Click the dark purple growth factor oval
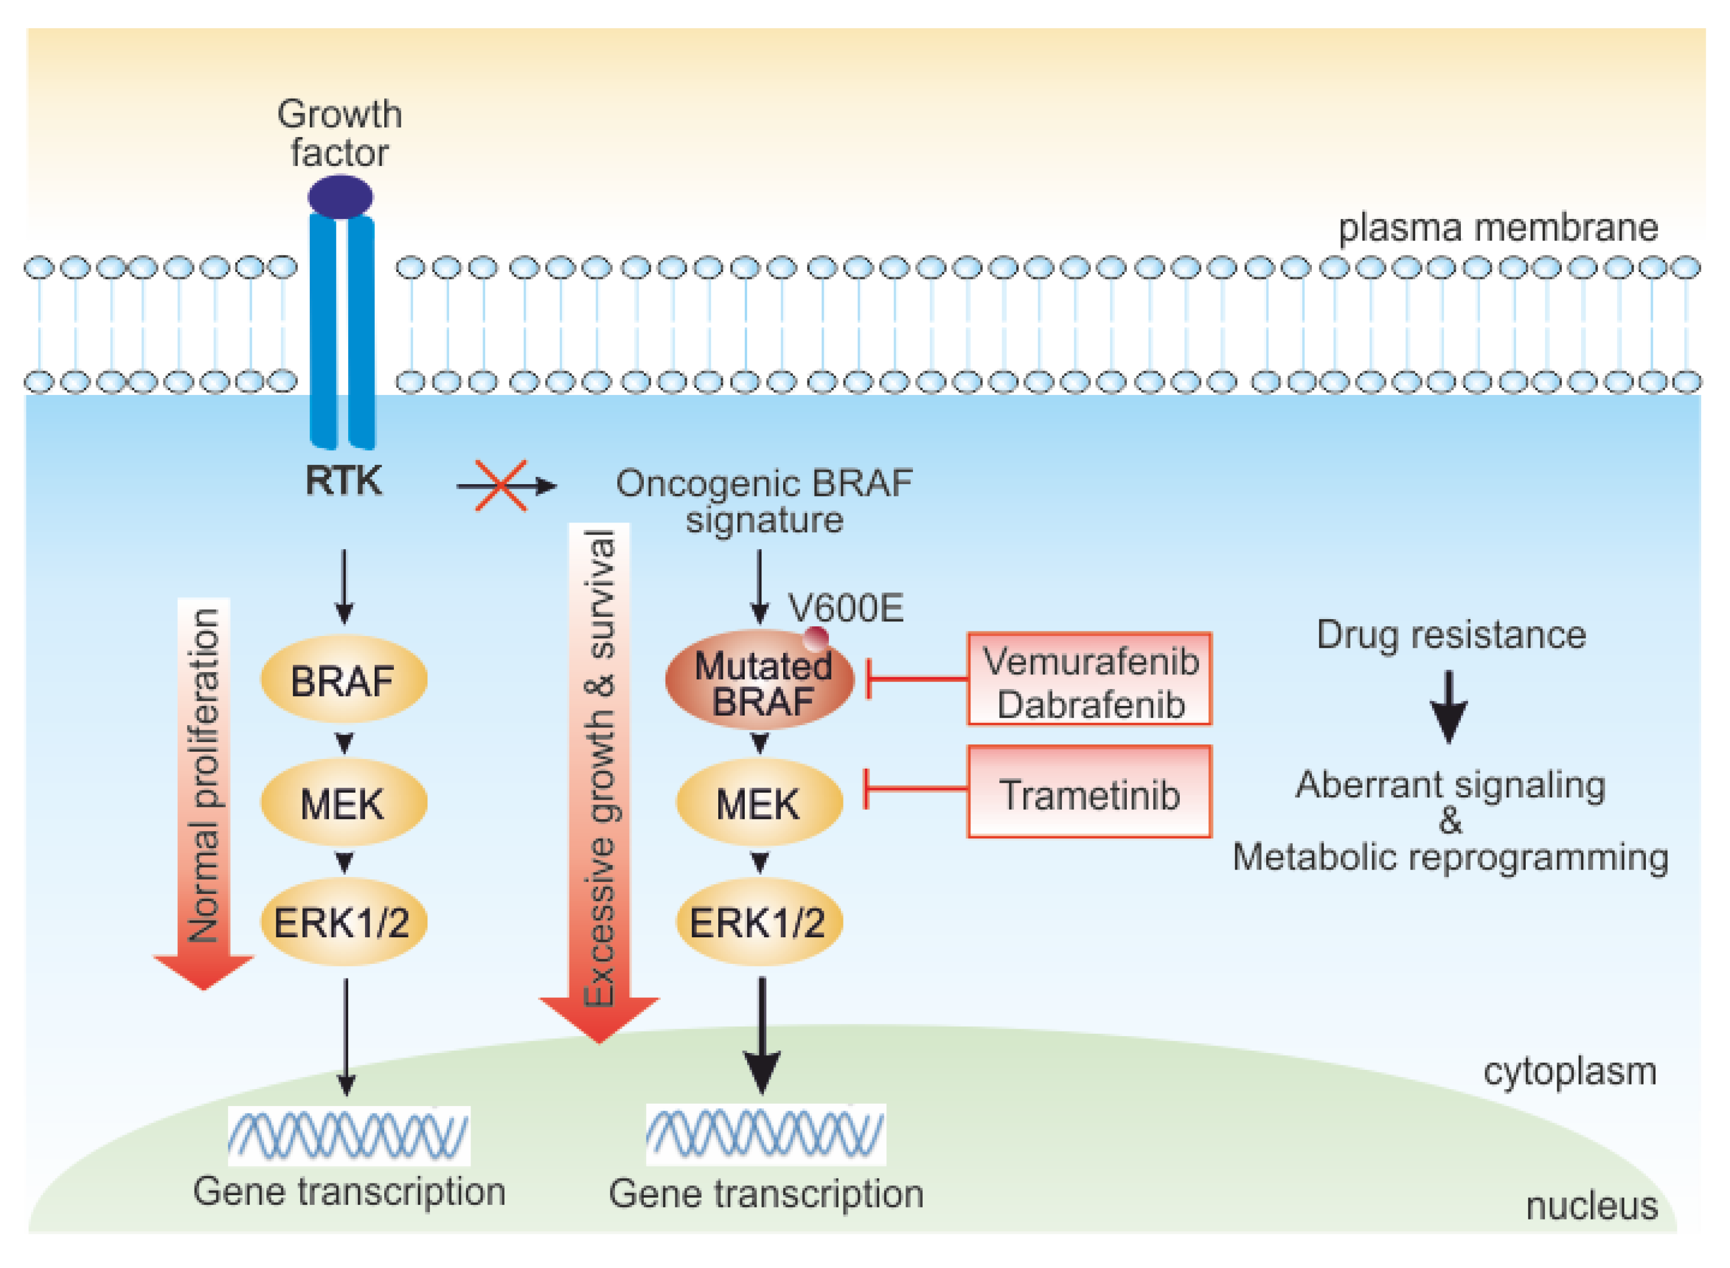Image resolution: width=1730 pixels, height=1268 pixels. click(x=340, y=196)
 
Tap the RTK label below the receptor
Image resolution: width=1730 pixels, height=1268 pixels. click(x=343, y=481)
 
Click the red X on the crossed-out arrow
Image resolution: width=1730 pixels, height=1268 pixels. click(x=501, y=486)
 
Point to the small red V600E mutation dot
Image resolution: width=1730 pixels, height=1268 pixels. click(x=815, y=638)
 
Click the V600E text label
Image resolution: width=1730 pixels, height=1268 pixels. click(x=845, y=608)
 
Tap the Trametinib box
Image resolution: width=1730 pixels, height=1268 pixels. click(x=1089, y=793)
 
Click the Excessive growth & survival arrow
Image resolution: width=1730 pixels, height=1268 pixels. click(x=599, y=775)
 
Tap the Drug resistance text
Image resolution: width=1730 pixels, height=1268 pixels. click(x=1451, y=635)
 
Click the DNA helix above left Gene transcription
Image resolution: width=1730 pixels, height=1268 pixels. click(x=349, y=1135)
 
